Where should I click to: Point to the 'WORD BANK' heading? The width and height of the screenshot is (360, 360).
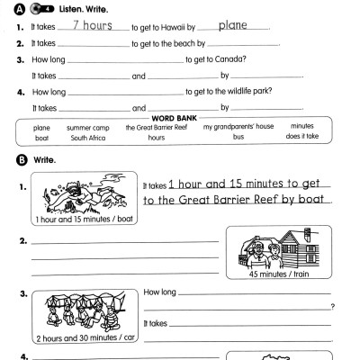click(182, 118)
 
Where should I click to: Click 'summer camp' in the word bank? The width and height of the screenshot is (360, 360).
click(86, 128)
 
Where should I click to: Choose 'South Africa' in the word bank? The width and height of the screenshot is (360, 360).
click(86, 139)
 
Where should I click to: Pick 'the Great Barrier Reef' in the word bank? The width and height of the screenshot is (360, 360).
click(157, 128)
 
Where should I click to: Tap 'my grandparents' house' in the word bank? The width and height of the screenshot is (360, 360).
click(238, 128)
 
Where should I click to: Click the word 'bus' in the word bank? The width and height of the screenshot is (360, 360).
click(238, 139)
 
